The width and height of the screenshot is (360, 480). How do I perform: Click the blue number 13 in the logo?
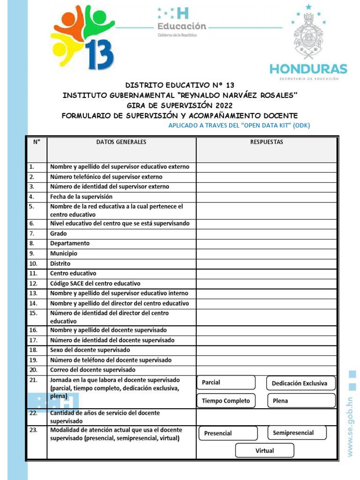(100, 52)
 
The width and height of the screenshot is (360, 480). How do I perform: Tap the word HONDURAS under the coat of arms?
(308, 69)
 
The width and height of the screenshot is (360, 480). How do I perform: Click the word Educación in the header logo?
(182, 26)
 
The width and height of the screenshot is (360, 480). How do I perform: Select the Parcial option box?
(226, 382)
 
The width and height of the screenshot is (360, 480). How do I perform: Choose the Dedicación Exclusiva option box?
(300, 383)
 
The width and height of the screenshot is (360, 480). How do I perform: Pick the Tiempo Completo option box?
(226, 401)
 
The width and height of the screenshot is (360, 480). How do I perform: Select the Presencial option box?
(228, 433)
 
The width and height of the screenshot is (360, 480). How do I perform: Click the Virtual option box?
(265, 450)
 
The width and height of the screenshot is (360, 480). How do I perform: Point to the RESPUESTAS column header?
(266, 142)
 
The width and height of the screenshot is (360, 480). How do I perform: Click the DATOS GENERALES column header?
(121, 142)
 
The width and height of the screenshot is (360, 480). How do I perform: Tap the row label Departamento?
(70, 243)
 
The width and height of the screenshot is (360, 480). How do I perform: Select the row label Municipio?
(64, 253)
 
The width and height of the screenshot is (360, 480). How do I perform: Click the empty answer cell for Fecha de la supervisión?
(266, 197)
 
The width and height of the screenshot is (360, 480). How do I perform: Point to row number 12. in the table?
(33, 283)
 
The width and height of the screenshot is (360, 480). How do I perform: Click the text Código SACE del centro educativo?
(95, 283)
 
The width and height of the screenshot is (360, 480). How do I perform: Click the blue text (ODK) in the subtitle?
(301, 125)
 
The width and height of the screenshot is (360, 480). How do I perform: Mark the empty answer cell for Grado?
(266, 233)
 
